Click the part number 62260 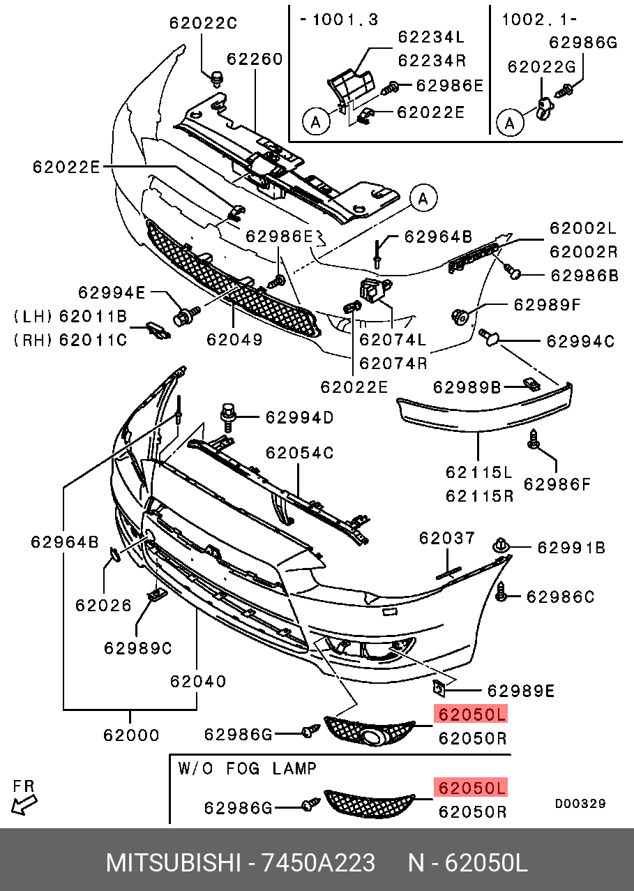click(x=254, y=59)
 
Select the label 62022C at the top click(x=203, y=23)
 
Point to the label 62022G click(x=541, y=67)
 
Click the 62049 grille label click(x=234, y=340)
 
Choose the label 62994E click(x=112, y=293)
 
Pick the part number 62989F click(x=547, y=305)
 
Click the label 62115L click(x=479, y=472)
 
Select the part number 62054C click(x=299, y=454)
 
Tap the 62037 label click(x=447, y=538)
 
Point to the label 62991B click(x=571, y=548)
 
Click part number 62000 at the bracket click(x=131, y=735)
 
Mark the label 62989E click(x=520, y=691)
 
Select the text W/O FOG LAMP click(x=247, y=769)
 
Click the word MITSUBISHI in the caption click(x=170, y=864)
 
